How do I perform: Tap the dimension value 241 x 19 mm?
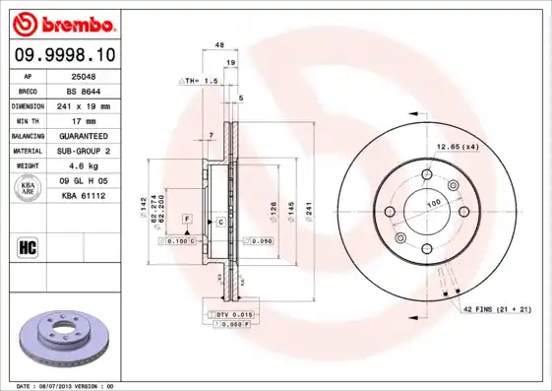coord(85,104)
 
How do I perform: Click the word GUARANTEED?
coord(84,135)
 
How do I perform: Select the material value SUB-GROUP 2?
coord(85,151)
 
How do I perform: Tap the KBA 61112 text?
coord(83,196)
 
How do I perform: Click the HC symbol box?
coord(28,246)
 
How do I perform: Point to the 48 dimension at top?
coord(219,45)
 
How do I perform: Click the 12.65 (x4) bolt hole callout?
coord(458,147)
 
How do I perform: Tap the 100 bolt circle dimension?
coord(431,204)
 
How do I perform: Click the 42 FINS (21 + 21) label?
coord(497,310)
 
